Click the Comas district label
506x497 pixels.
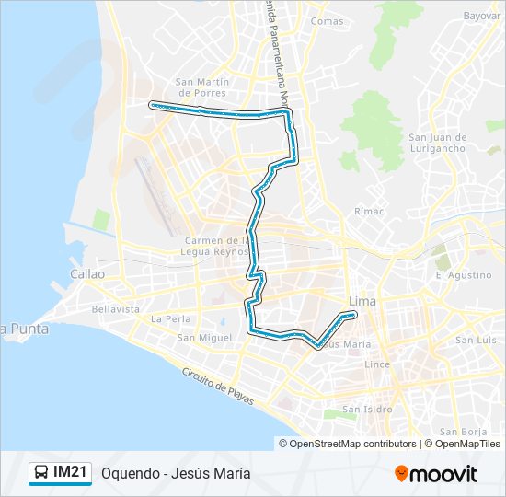328,21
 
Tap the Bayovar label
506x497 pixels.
481,16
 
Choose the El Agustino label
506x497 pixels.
464,275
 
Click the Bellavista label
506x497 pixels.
116,309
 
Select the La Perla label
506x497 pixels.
169,318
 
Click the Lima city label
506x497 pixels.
362,302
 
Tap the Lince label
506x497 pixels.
377,364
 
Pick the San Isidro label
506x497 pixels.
366,409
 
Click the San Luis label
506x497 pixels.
475,340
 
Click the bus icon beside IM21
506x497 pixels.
41,473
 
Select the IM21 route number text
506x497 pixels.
71,473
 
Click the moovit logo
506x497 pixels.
436,474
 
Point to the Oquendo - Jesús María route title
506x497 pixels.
176,474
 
